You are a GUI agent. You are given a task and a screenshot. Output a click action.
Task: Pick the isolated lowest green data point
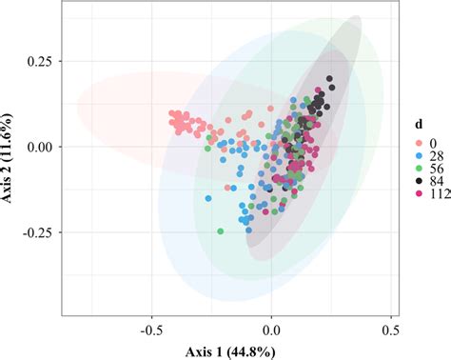[220, 231]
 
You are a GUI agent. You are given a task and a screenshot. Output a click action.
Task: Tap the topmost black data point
[329, 79]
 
